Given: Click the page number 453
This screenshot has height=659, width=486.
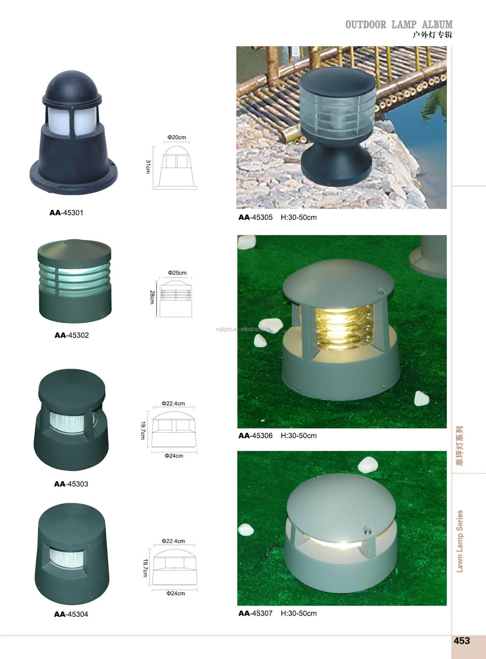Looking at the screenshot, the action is [x=462, y=641].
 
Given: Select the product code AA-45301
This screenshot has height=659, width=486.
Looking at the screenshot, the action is [x=66, y=213].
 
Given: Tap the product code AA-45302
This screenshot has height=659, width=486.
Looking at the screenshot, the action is [x=71, y=335].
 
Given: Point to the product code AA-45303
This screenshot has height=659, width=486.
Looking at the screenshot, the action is [x=71, y=484].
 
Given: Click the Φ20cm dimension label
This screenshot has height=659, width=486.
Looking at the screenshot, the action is [x=177, y=137].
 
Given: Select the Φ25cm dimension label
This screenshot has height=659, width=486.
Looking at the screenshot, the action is [x=177, y=273].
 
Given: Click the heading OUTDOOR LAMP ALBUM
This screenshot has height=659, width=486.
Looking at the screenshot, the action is [x=399, y=25].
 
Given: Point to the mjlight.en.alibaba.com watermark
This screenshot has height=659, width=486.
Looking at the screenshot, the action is [x=243, y=329].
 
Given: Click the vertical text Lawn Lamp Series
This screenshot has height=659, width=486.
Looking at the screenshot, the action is [x=460, y=541].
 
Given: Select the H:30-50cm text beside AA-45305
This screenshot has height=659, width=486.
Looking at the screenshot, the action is [x=299, y=217].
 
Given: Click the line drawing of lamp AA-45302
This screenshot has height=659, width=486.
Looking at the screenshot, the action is [x=176, y=299].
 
